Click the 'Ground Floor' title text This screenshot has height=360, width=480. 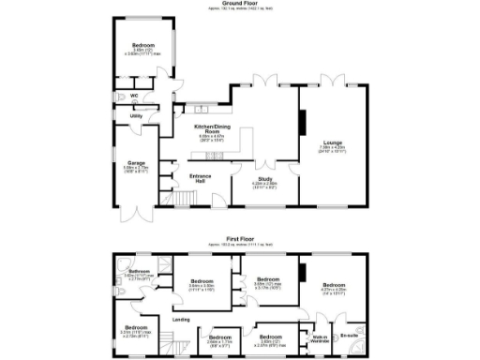tap(240, 4)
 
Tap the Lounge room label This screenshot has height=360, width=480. tap(335, 142)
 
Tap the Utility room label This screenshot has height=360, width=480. tap(135, 116)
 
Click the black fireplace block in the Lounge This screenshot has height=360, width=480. tap(302, 123)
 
